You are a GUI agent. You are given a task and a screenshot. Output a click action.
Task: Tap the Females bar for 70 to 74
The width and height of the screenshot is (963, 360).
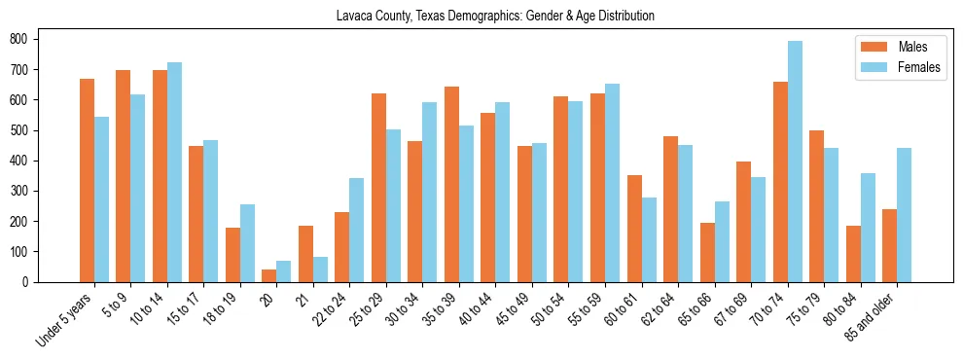[x=795, y=162]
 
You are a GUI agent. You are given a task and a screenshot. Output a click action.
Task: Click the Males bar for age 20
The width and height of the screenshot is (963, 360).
[x=268, y=275]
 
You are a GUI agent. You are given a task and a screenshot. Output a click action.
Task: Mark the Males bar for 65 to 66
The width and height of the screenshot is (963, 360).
[x=707, y=252]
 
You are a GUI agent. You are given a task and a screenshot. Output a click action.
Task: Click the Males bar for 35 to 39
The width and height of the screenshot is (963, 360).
[x=451, y=184]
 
